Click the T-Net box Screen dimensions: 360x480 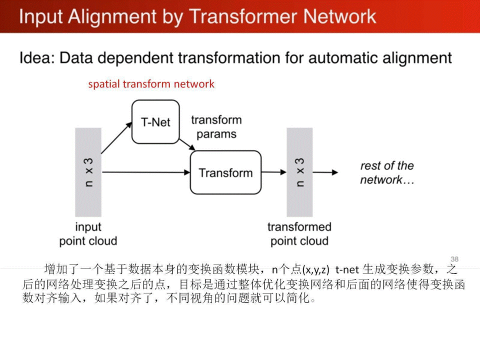155,122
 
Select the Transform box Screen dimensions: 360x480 225,173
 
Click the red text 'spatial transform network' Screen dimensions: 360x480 151,84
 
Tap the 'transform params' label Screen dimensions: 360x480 216,127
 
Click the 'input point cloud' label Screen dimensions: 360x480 88,234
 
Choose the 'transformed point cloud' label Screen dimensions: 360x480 299,234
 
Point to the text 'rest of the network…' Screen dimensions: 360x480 387,172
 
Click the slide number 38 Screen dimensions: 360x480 454,259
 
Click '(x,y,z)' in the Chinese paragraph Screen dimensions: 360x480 315,270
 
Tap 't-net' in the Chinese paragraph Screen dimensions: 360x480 347,270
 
